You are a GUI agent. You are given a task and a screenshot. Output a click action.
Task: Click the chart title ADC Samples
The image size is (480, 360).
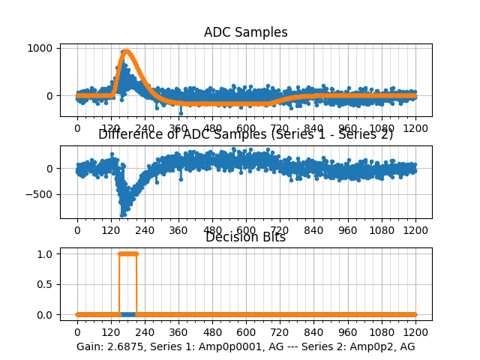pyautogui.click(x=245, y=32)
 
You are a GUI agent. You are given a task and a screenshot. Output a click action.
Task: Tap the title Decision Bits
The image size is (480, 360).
pyautogui.click(x=245, y=237)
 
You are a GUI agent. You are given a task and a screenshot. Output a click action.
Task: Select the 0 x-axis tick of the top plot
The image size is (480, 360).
pyautogui.click(x=76, y=128)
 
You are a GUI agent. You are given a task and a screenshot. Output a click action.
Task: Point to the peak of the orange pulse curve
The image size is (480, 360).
pyautogui.click(x=127, y=52)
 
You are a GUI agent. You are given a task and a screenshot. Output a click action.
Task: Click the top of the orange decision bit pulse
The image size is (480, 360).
pyautogui.click(x=128, y=253)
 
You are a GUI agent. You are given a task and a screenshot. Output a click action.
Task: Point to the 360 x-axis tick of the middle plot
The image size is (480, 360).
pyautogui.click(x=178, y=230)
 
